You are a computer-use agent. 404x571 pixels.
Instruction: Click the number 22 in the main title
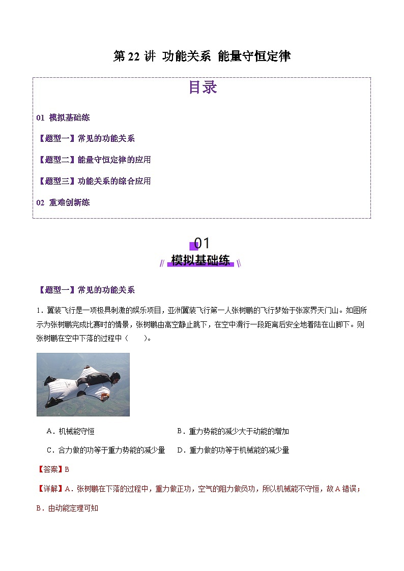pyautogui.click(x=133, y=56)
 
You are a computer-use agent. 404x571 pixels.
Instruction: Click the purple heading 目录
pyautogui.click(x=203, y=87)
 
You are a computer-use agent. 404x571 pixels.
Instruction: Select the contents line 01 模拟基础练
pyautogui.click(x=63, y=117)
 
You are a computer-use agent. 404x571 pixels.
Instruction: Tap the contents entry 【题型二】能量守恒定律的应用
pyautogui.click(x=94, y=160)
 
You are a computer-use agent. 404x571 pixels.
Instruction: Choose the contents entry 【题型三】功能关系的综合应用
pyautogui.click(x=94, y=181)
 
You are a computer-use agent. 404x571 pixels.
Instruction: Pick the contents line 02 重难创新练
pyautogui.click(x=63, y=202)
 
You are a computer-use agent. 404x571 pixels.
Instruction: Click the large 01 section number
pyautogui.click(x=202, y=243)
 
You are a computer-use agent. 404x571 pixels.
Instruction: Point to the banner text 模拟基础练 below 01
pyautogui.click(x=200, y=261)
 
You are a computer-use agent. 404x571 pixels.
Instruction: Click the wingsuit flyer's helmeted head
pyautogui.click(x=115, y=377)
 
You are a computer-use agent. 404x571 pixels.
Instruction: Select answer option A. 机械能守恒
pyautogui.click(x=70, y=431)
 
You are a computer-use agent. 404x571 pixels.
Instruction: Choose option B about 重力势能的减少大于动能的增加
pyautogui.click(x=233, y=431)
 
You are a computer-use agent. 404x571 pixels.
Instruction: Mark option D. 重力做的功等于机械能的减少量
pyautogui.click(x=233, y=450)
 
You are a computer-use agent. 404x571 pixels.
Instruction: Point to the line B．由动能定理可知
pyautogui.click(x=67, y=508)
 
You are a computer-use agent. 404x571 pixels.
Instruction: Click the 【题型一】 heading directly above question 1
pyautogui.click(x=56, y=290)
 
